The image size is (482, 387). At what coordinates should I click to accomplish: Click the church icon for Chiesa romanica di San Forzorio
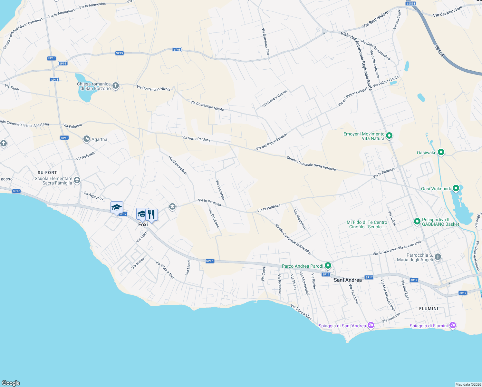[x=116, y=86]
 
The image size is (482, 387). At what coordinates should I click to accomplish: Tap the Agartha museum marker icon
[x=86, y=139]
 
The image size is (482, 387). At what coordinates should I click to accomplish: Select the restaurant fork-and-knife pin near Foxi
[x=151, y=214]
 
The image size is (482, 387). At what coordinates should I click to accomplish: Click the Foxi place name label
[x=143, y=224]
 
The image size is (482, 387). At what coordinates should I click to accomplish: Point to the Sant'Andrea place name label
[x=348, y=280]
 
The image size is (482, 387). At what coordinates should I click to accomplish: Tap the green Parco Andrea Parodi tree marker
[x=328, y=266]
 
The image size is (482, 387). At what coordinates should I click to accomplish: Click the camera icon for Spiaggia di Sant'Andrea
[x=371, y=325]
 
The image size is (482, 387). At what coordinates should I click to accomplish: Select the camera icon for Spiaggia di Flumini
[x=453, y=325]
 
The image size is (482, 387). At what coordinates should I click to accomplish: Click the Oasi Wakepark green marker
[x=456, y=188]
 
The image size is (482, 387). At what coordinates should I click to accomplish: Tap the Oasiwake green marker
[x=441, y=152]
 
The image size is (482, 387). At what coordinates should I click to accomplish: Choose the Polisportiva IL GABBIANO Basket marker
[x=417, y=221]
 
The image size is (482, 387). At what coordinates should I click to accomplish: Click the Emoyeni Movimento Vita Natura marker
[x=389, y=136]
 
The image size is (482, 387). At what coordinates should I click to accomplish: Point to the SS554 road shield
[x=410, y=4]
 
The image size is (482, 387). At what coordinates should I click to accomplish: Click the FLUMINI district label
[x=429, y=309]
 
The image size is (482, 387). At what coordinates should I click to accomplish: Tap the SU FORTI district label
[x=48, y=173]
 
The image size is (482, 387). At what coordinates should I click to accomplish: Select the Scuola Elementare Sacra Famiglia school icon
[x=77, y=180]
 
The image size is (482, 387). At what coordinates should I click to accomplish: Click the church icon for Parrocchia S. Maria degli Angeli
[x=438, y=257]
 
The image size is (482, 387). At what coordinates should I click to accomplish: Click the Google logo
[x=11, y=383]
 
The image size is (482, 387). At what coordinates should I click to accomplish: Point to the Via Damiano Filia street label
[x=265, y=41]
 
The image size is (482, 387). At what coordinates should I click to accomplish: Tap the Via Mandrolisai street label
[x=178, y=165]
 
